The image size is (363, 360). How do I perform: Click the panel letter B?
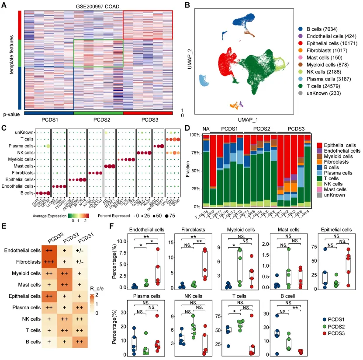pyautogui.click(x=187, y=6)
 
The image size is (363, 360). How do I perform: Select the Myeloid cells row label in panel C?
pyautogui.click(x=19, y=159)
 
